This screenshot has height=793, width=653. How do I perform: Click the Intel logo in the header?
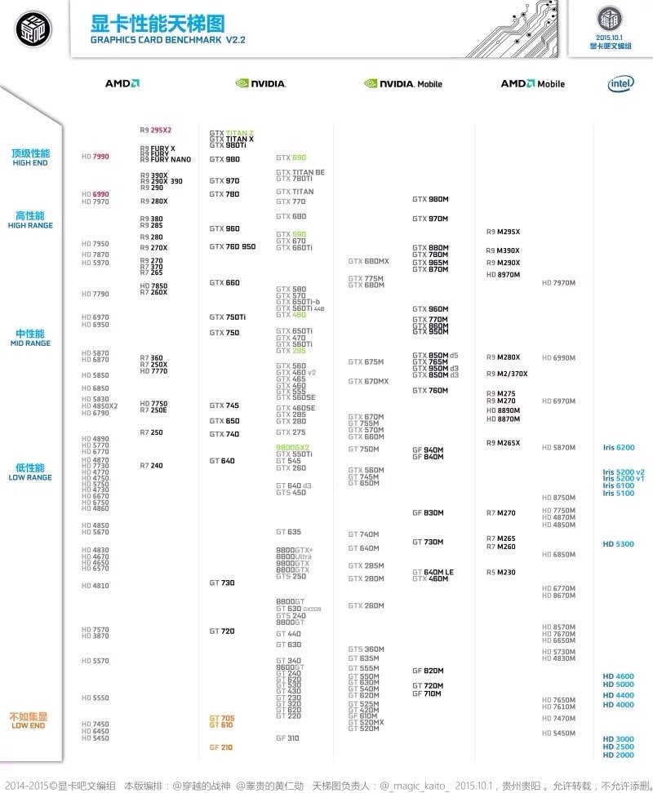pos(620,83)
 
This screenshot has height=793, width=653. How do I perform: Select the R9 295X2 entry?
pos(156,130)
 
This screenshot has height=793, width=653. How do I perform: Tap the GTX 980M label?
pos(430,199)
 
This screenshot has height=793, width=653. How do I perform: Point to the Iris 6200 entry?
pos(619,447)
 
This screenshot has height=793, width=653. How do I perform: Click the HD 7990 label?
pos(96,156)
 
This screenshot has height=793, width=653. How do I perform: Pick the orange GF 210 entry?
pos(220,747)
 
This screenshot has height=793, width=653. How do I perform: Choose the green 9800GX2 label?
pos(293,447)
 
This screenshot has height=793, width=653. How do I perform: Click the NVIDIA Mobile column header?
pos(403,83)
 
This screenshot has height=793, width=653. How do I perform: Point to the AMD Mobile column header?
pos(532,83)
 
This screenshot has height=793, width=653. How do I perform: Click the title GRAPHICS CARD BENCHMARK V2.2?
pos(168,39)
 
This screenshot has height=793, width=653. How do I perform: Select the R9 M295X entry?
pos(503,232)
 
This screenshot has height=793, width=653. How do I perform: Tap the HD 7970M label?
pos(559,282)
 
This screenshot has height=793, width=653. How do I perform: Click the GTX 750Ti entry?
pos(228,317)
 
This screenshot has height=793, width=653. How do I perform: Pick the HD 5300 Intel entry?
pos(619,543)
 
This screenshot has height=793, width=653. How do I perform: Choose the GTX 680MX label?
pos(369,261)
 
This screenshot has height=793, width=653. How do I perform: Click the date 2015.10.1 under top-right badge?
pos(610,38)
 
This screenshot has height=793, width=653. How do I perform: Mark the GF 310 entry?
pos(287,738)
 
